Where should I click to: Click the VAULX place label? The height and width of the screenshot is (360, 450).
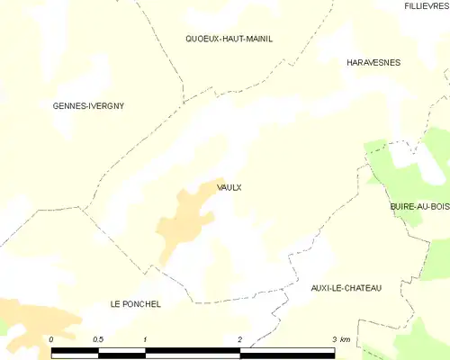click(229, 187)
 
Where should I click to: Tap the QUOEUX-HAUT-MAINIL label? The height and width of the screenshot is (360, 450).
click(229, 39)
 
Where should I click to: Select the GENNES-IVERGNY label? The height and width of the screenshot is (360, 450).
click(88, 106)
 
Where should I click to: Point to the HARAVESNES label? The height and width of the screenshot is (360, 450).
click(373, 63)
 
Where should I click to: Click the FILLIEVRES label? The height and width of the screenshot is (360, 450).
click(426, 6)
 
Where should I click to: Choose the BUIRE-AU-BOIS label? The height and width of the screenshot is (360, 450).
click(419, 207)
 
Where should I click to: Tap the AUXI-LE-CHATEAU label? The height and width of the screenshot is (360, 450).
click(346, 287)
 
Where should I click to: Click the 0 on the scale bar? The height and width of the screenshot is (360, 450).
click(51, 339)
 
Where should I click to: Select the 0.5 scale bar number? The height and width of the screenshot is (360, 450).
click(98, 339)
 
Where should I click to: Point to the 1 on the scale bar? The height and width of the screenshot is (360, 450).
click(145, 339)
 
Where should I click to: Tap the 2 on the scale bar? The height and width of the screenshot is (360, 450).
click(239, 339)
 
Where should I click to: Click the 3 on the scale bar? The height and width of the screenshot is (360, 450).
click(334, 339)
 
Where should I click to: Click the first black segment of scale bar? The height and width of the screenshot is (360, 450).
click(75, 352)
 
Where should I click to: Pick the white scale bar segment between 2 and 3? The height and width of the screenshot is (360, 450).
click(287, 352)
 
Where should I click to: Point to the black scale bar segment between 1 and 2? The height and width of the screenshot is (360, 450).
click(193, 352)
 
